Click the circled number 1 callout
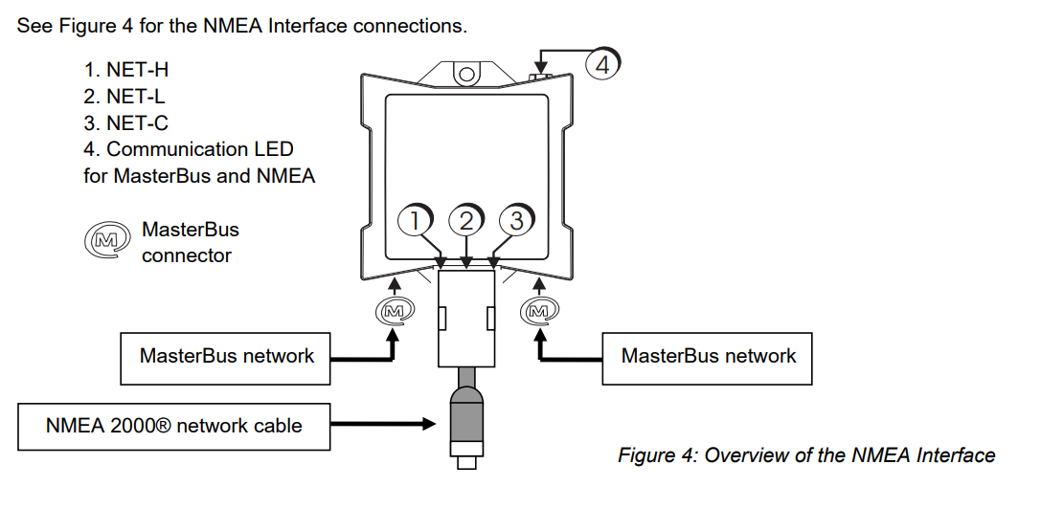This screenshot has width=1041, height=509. tap(414, 220)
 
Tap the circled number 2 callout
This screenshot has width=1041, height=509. tap(466, 220)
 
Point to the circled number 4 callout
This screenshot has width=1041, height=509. tap(602, 65)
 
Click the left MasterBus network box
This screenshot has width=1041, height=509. tap(226, 357)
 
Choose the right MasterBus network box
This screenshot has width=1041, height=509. tap(708, 357)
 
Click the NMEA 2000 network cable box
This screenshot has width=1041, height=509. tap(173, 425)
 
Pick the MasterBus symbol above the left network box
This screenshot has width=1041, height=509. tap(393, 310)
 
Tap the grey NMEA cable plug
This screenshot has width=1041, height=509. tap(465, 411)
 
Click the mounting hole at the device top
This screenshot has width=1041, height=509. tap(466, 73)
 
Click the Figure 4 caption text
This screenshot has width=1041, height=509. tap(805, 455)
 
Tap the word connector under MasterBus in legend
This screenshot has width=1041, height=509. tap(186, 255)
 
